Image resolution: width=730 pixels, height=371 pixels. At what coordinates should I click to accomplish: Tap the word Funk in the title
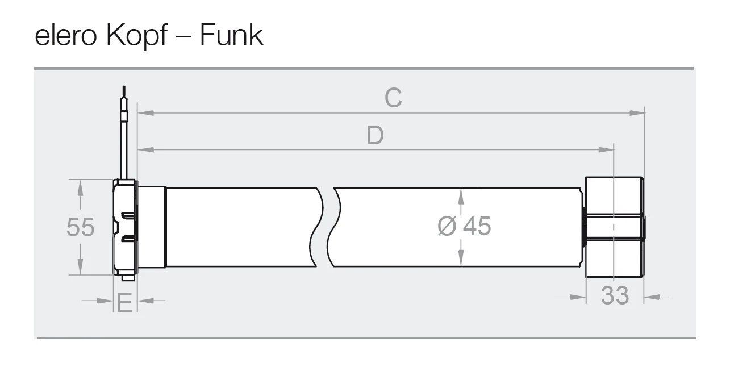pyautogui.click(x=231, y=35)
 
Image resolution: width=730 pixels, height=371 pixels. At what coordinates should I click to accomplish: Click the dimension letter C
pyautogui.click(x=393, y=98)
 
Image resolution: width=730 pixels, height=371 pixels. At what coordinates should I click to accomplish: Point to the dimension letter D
pyautogui.click(x=375, y=135)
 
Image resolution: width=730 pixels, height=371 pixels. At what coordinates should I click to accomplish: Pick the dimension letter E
pyautogui.click(x=124, y=303)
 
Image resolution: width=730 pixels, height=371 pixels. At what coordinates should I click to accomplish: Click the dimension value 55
pyautogui.click(x=81, y=227)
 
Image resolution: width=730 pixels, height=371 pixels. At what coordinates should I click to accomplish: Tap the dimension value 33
pyautogui.click(x=615, y=295)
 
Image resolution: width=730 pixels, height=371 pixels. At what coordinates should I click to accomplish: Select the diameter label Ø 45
pyautogui.click(x=464, y=226)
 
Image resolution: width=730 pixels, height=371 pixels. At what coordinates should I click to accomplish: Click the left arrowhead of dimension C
pyautogui.click(x=145, y=113)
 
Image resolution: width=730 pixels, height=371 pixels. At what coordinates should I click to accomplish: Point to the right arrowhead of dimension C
pyautogui.click(x=637, y=113)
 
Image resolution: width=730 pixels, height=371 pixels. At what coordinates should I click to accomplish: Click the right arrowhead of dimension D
pyautogui.click(x=606, y=149)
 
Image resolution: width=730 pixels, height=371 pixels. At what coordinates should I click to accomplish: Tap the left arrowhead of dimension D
pyautogui.click(x=145, y=149)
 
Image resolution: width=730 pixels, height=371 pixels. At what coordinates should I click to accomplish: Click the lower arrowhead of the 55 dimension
pyautogui.click(x=80, y=266)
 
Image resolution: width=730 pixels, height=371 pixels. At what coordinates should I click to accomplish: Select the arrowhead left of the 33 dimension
pyautogui.click(x=578, y=297)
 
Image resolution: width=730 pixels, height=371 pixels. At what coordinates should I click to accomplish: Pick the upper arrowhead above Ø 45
pyautogui.click(x=461, y=197)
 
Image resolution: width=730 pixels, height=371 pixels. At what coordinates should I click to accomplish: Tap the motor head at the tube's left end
pyautogui.click(x=125, y=228)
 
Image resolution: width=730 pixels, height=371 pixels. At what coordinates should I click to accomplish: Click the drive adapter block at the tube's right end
pyautogui.click(x=614, y=227)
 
